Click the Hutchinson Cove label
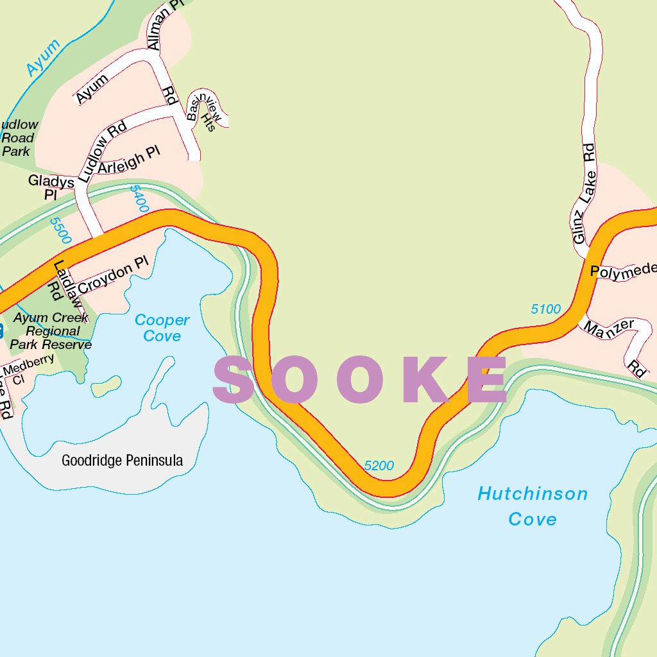532,506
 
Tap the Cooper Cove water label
162,328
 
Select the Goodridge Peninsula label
122,460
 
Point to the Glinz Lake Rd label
584,194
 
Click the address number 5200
379,466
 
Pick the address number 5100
545,309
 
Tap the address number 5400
139,199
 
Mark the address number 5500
61,230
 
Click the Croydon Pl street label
113,275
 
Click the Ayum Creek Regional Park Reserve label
51,331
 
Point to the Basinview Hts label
205,109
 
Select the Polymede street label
622,270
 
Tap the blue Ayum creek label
43,58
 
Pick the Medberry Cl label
28,368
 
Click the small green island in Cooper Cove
106,385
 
